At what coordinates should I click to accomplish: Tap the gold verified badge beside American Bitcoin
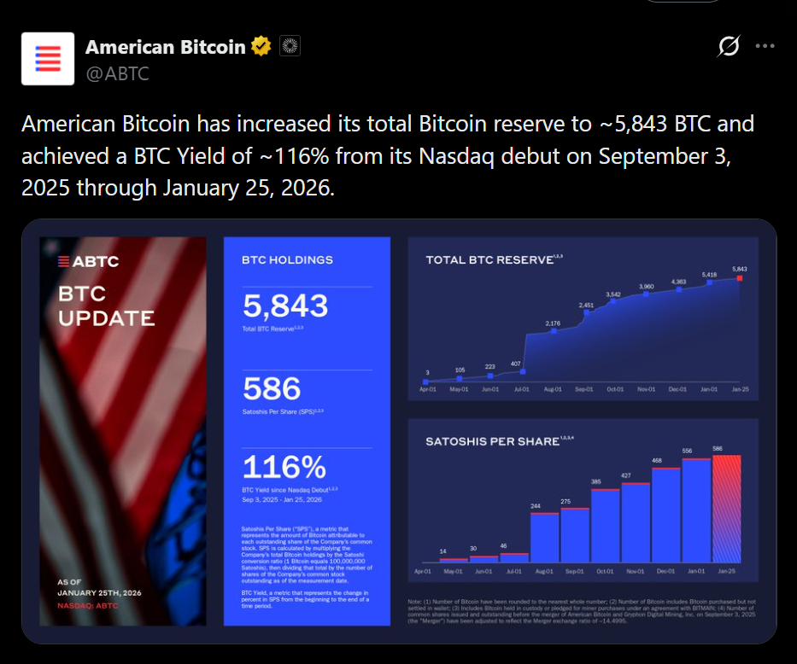261,47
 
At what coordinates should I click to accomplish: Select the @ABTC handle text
117,73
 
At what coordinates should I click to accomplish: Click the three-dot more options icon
765,46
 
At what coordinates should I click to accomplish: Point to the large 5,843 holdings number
285,306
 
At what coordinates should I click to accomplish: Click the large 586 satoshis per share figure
272,388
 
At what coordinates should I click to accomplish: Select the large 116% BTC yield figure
284,467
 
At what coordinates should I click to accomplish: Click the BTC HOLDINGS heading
287,259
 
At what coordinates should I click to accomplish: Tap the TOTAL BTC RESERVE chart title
489,259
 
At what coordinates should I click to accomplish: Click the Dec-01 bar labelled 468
666,513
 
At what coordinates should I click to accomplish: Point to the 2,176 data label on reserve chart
553,323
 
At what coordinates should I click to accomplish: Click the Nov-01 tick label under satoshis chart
636,570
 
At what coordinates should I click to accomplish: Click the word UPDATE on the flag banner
107,318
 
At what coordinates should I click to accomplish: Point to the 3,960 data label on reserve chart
646,286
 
